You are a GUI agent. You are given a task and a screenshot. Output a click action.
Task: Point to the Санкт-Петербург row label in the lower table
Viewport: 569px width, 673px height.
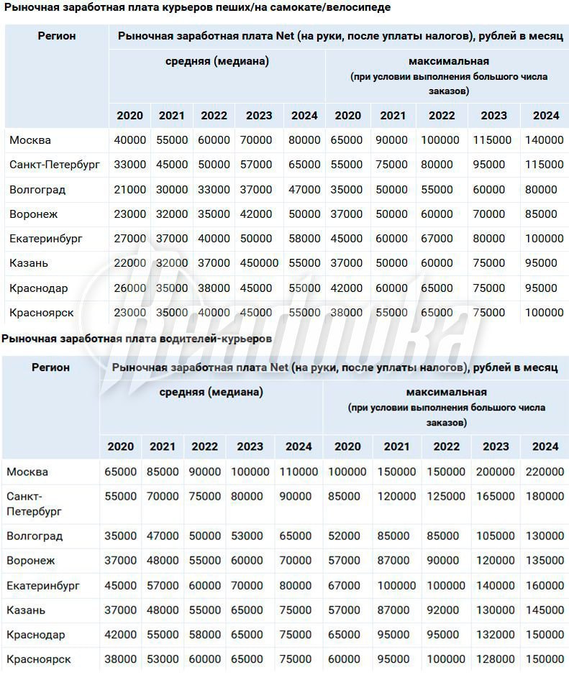coord(35,503)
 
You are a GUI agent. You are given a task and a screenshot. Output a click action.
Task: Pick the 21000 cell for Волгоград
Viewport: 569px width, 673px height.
coord(130,190)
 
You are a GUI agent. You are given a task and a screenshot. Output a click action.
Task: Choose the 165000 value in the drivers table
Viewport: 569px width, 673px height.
coord(495,497)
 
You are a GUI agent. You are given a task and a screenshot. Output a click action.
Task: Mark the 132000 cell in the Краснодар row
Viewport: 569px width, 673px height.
coord(495,635)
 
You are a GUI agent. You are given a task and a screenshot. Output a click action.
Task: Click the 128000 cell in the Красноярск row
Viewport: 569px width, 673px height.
coord(495,659)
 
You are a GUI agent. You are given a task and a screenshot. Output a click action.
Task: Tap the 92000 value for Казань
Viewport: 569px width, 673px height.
coord(442,610)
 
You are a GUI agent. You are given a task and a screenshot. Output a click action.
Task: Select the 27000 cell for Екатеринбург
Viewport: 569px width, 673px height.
coord(130,239)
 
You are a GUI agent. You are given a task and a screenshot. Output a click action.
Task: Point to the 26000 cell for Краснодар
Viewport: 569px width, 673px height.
coord(130,288)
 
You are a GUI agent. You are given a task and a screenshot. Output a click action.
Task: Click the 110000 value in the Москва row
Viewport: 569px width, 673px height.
coord(299,472)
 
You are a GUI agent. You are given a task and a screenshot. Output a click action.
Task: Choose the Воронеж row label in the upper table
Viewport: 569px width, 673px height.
coord(34,214)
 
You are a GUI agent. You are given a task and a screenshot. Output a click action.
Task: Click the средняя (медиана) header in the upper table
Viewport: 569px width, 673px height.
coord(217,62)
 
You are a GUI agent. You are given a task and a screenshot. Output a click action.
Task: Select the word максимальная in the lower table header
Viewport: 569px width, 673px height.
coord(446,393)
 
